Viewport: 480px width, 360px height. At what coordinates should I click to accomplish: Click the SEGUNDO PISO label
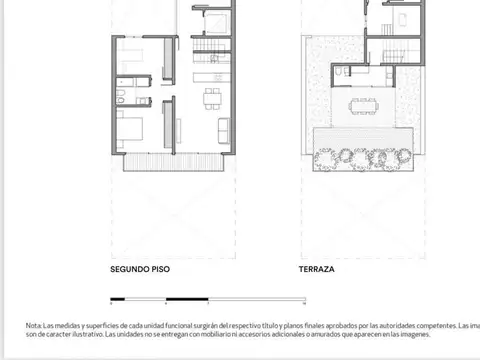pos(139,270)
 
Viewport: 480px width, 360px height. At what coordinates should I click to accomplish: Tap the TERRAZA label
pos(316,270)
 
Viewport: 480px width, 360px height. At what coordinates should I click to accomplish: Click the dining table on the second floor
pos(212,98)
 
